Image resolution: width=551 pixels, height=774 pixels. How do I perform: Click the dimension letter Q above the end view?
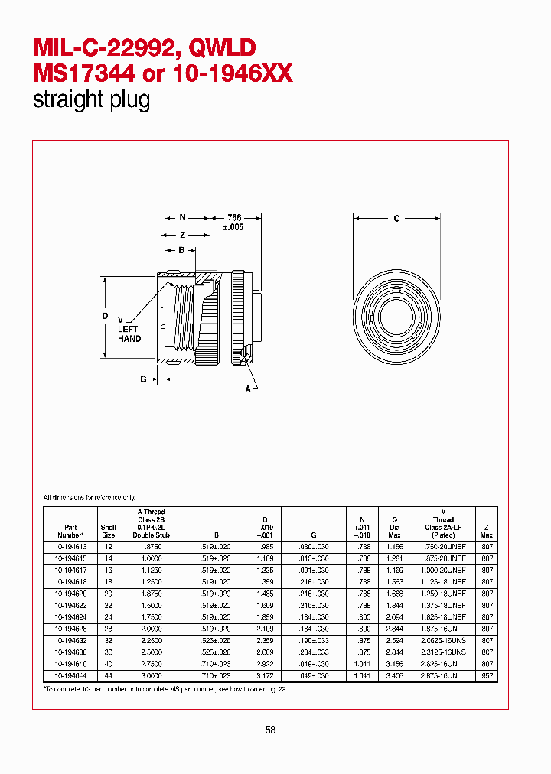[x=396, y=218]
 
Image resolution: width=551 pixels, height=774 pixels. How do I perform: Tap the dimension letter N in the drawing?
[x=183, y=218]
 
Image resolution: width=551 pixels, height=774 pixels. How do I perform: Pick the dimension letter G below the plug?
[x=143, y=378]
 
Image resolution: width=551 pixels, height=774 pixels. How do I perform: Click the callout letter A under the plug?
[x=247, y=389]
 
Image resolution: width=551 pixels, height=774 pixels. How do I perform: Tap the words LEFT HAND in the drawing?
[x=129, y=333]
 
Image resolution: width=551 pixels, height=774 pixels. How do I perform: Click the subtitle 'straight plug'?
[x=91, y=100]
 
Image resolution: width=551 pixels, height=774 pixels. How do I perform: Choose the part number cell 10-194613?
[x=70, y=548]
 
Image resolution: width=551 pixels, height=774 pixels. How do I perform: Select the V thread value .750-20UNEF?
[x=445, y=548]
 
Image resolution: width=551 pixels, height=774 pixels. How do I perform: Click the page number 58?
[x=270, y=730]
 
